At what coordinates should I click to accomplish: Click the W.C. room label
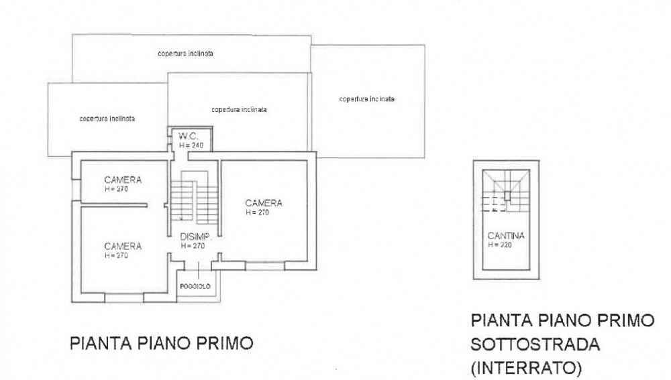coord(189,136)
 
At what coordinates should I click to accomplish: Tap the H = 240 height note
coord(191,145)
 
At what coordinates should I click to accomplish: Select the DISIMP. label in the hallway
coord(196,237)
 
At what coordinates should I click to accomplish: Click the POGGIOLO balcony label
coord(195,286)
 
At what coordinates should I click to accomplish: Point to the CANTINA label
coord(506,235)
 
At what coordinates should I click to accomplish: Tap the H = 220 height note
coord(500,245)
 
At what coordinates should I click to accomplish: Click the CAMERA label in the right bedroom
coord(264,203)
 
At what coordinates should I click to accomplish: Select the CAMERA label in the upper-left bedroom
coord(123,180)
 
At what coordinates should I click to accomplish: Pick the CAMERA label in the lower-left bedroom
coord(123,246)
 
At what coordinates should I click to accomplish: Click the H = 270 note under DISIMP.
coord(193,246)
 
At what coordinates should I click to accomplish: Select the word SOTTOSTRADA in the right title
coord(535,344)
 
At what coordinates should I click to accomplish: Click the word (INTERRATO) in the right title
coord(526,368)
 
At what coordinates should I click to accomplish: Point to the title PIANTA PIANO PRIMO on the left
coord(161,343)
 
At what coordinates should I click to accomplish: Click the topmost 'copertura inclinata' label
coord(185,54)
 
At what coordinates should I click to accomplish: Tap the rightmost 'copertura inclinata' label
coord(367,99)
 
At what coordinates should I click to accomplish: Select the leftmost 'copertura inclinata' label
coord(107,119)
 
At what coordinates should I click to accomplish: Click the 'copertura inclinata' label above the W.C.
coord(240,109)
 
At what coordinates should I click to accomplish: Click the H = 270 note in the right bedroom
coord(257,212)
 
